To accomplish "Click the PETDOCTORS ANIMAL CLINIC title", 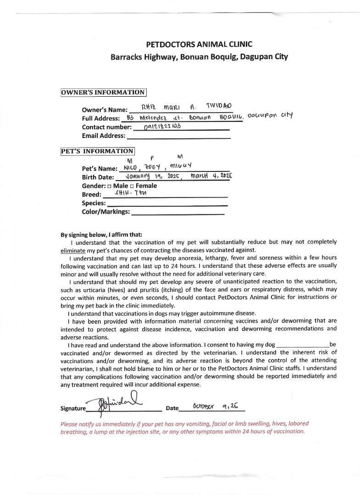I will [199, 44].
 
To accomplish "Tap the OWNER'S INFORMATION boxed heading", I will [103, 93].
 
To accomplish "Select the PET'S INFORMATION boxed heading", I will [98, 151].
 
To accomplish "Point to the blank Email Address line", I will [178, 136].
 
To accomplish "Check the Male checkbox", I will [109, 186].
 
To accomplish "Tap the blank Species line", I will [167, 203].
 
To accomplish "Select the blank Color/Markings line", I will [178, 212].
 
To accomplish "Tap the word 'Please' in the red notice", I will [70, 423].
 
